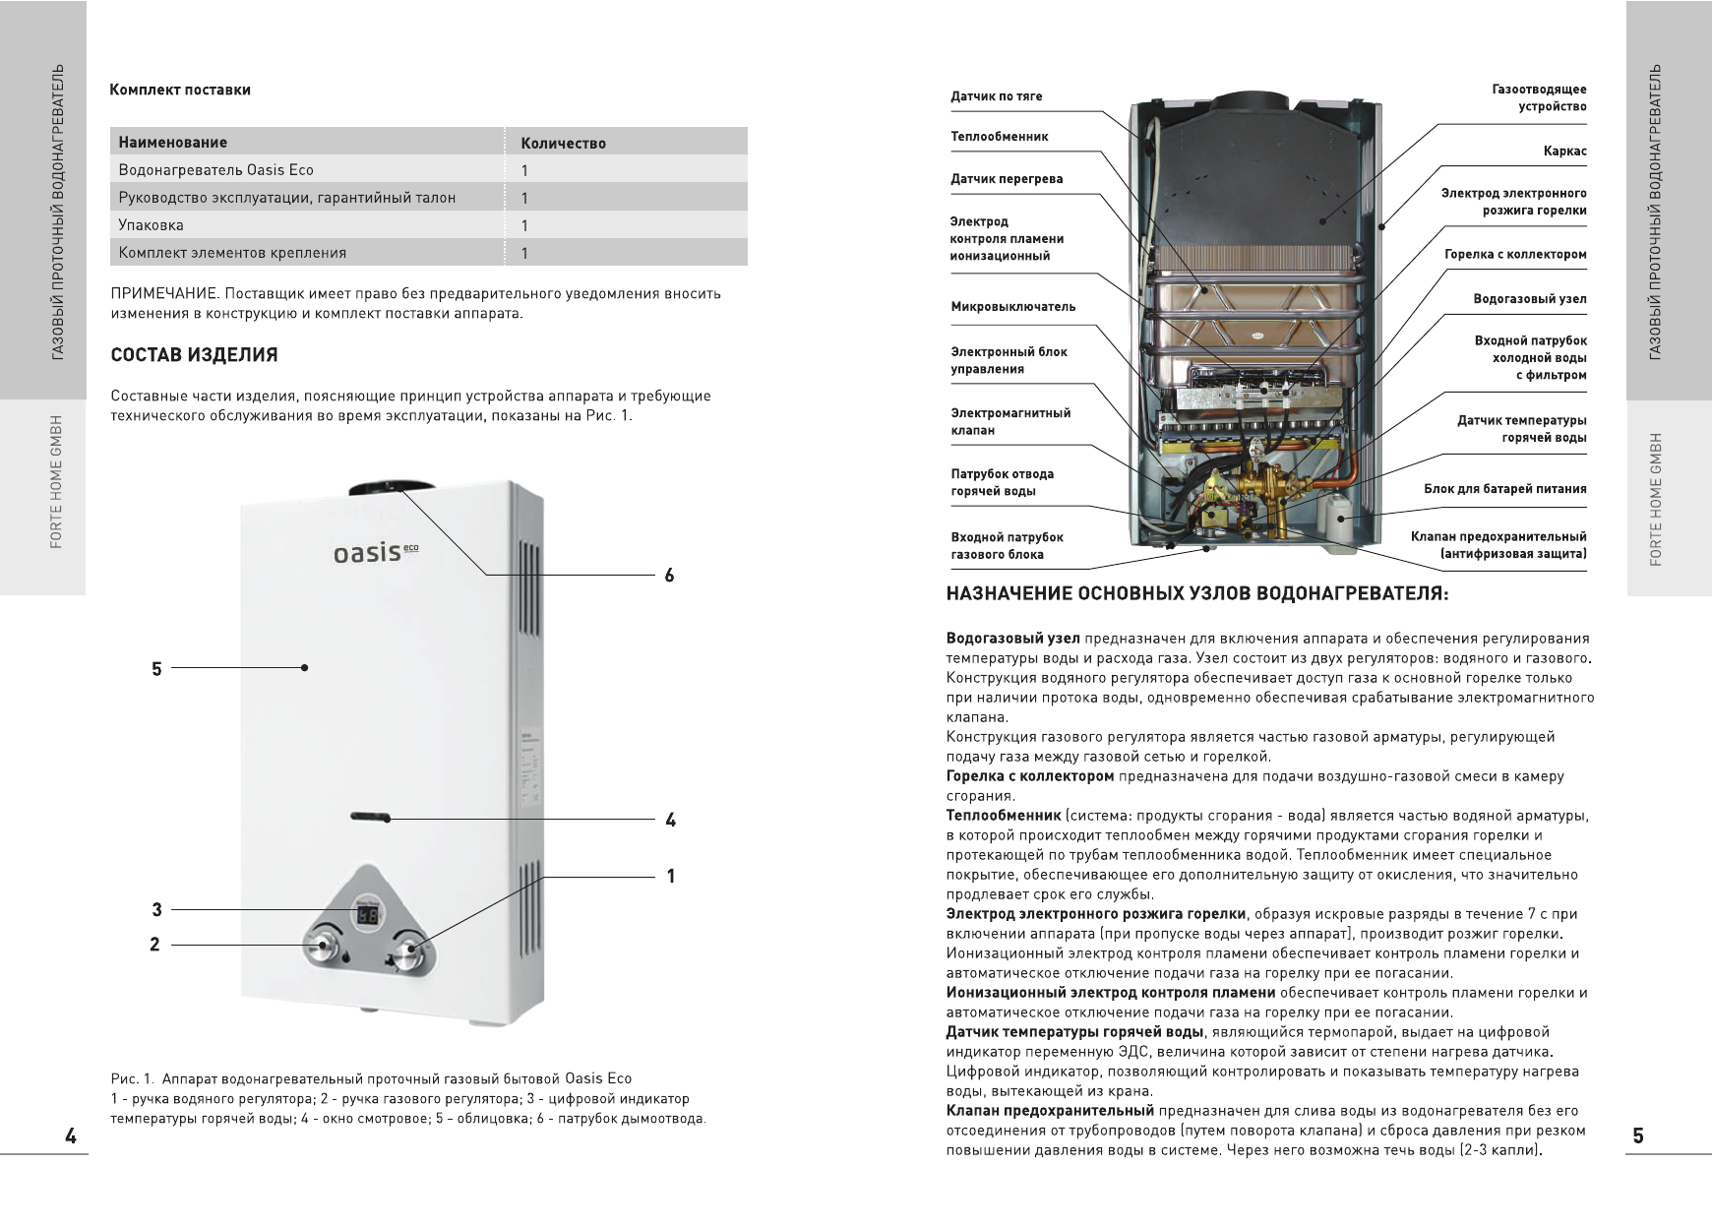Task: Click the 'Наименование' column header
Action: pos(172,142)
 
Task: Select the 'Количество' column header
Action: pos(563,143)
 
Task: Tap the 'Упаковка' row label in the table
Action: pos(151,225)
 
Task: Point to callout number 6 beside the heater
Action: pos(669,576)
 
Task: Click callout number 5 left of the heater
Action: pos(156,669)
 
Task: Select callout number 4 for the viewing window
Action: pos(670,820)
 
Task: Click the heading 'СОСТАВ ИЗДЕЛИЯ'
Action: pos(194,355)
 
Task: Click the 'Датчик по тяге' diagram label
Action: pos(996,96)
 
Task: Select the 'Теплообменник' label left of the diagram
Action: pos(999,137)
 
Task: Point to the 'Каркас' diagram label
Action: pos(1564,152)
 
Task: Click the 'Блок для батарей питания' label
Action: pos(1504,489)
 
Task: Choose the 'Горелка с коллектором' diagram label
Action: pos(1515,255)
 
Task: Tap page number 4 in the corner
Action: pos(71,1136)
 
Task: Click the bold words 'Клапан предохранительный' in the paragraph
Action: pos(1050,1112)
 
